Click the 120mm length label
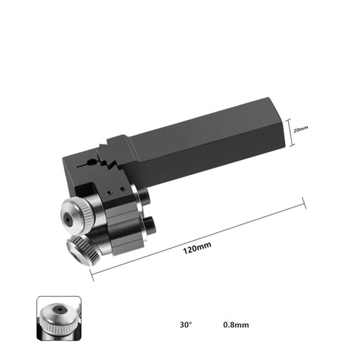click(x=197, y=248)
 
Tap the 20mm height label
click(x=301, y=129)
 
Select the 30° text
click(x=186, y=325)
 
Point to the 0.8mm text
click(x=236, y=325)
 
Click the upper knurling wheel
click(x=77, y=216)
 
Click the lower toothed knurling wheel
click(x=83, y=251)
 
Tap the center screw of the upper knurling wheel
click(x=68, y=220)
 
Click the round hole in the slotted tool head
click(x=92, y=162)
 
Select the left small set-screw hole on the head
click(x=109, y=192)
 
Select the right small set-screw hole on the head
click(x=123, y=189)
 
